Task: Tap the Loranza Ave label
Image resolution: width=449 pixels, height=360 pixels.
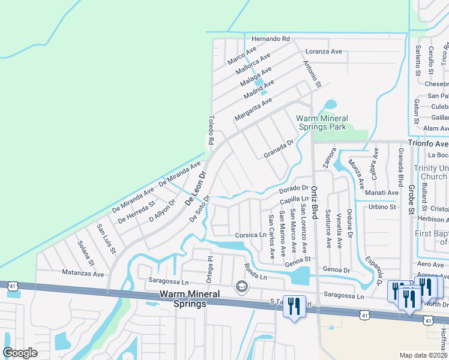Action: [324, 52]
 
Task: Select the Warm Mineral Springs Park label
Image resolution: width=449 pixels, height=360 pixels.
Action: [321, 122]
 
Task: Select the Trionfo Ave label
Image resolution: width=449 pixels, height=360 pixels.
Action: [428, 143]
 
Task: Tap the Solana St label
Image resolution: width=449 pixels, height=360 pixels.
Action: [86, 253]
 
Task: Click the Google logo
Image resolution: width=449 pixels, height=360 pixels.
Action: [20, 353]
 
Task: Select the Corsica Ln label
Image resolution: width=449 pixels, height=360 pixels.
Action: [250, 235]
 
